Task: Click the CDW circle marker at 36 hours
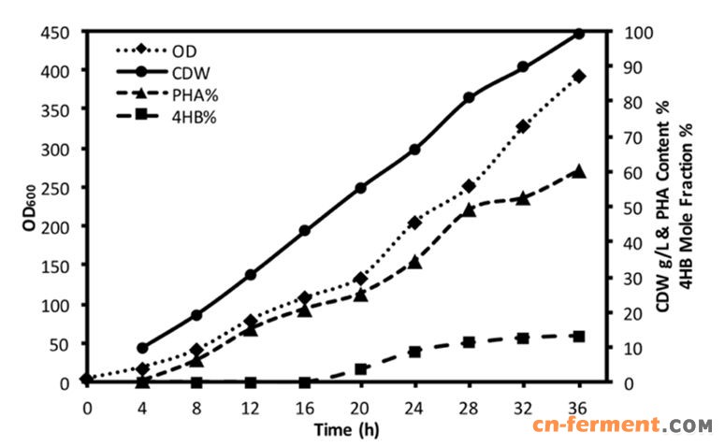(x=578, y=33)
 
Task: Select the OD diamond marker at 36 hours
(x=578, y=76)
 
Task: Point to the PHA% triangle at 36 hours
(x=578, y=171)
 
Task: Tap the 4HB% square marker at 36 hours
(x=578, y=336)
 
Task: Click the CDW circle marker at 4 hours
(x=142, y=348)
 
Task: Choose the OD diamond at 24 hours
(x=414, y=223)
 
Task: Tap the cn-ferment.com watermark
(x=623, y=426)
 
